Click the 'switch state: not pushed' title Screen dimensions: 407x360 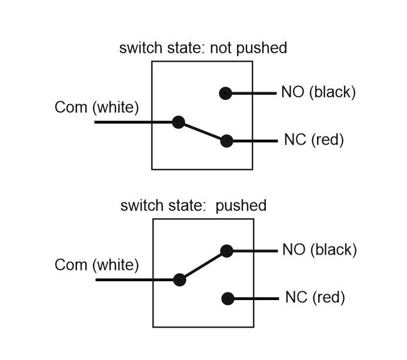tap(203, 48)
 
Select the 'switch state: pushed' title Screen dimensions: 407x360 tap(194, 205)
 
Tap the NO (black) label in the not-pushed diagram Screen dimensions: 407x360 tap(319, 92)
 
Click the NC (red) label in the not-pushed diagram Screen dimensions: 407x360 tap(314, 140)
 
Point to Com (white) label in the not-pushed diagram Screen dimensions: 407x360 tap(96, 108)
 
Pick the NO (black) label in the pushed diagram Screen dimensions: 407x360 tap(319, 250)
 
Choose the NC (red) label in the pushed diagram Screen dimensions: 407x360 tap(315, 298)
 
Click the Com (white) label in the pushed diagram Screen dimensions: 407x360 tap(96, 265)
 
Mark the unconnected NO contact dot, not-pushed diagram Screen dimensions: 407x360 tap(226, 93)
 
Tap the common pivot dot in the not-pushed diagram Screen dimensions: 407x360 tap(179, 122)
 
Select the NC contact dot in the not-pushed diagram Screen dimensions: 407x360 tap(226, 141)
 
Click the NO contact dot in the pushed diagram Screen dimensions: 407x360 tap(226, 251)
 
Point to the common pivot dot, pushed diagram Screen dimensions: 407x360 tap(179, 280)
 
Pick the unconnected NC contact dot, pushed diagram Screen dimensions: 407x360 tap(228, 299)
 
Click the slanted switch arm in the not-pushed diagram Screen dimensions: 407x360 tap(202, 132)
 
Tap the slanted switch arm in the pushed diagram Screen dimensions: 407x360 tap(203, 265)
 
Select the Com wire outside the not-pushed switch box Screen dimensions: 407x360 tap(123, 122)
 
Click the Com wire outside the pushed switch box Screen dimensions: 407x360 tap(124, 280)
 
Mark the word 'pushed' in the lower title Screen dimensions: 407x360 tap(241, 206)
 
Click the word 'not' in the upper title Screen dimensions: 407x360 tap(221, 48)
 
